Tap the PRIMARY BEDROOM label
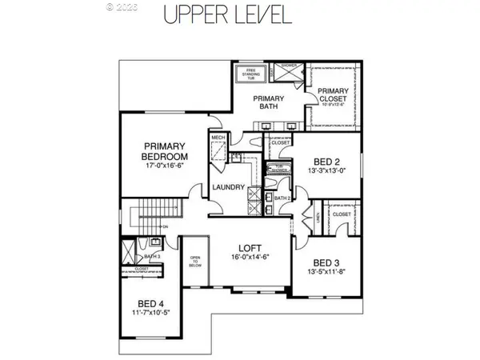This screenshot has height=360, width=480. click(166, 151)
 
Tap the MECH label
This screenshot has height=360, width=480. click(218, 138)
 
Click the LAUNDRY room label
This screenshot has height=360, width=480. click(228, 188)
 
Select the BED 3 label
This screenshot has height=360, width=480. click(328, 262)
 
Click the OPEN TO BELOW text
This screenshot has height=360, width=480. click(194, 262)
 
